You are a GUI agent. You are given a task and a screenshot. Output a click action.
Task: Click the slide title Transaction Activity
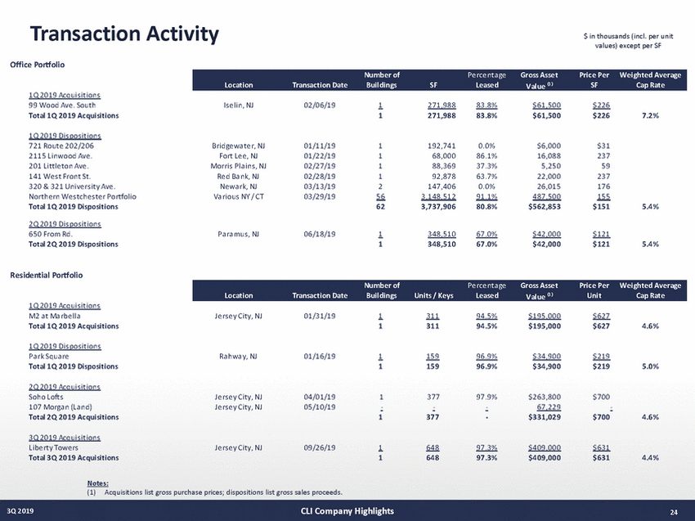coord(124,34)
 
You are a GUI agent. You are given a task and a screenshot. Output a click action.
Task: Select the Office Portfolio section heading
coord(37,63)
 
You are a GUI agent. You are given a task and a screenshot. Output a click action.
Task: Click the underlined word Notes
coord(97,484)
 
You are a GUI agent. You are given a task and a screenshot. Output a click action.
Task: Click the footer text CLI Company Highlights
coord(347,511)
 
